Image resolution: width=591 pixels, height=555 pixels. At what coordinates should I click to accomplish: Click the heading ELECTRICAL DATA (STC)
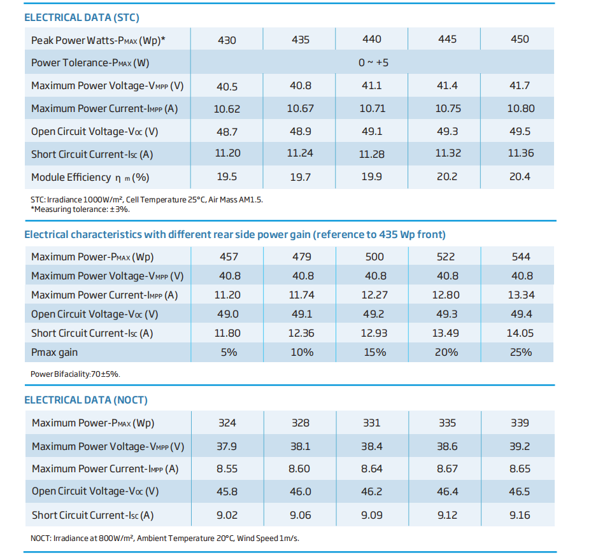click(x=82, y=17)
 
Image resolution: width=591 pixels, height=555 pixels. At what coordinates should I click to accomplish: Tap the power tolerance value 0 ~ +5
click(x=373, y=62)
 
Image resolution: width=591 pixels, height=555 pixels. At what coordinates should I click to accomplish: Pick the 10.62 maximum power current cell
click(x=227, y=109)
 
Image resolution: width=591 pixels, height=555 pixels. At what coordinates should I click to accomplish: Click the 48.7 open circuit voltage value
click(x=227, y=132)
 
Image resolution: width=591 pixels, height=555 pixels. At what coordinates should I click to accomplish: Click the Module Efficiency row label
click(x=90, y=178)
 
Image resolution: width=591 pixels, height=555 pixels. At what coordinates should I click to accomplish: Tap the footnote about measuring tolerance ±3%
click(x=80, y=209)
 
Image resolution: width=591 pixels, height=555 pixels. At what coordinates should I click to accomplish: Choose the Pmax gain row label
click(x=54, y=353)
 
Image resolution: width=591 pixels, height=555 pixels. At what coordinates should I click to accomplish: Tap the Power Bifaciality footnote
click(x=75, y=374)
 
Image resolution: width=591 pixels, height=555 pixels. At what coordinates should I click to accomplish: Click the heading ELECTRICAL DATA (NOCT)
click(x=86, y=400)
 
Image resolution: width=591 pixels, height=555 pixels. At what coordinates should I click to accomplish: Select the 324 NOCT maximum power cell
click(x=227, y=423)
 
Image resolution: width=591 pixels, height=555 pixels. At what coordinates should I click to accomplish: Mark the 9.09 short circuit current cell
click(x=372, y=515)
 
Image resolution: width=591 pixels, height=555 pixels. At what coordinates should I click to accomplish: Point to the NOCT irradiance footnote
click(x=165, y=538)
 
